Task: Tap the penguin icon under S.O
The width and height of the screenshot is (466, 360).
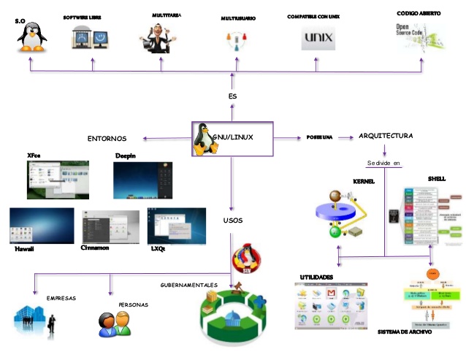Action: point(31,37)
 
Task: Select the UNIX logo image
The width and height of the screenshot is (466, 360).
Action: point(321,37)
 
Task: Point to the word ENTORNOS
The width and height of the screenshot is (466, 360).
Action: point(107,138)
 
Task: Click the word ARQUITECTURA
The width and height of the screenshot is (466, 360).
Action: point(386,136)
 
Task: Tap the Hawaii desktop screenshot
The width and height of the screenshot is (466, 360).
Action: point(42,226)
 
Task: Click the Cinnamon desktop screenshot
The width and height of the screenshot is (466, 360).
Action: point(110,227)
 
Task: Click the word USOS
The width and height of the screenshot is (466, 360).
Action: point(233,220)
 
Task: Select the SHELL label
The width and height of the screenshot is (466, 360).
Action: point(436,178)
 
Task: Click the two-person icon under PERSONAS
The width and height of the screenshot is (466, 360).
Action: point(114,323)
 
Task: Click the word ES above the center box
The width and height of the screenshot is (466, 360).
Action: point(232,96)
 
